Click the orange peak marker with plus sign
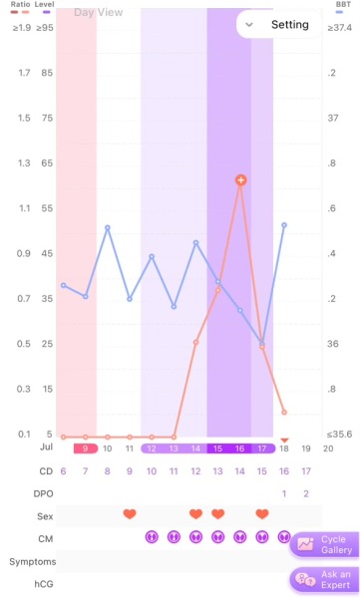pos(240,180)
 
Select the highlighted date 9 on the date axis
pos(86,448)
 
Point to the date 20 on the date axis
pos(328,448)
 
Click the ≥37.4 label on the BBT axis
pos(340,28)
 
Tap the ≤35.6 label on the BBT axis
pos(340,435)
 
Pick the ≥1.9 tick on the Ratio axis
pos(20,28)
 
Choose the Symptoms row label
pos(33,562)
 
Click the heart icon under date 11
pos(130,514)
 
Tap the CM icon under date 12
pos(152,537)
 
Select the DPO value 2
pos(306,493)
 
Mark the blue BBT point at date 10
pos(108,228)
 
